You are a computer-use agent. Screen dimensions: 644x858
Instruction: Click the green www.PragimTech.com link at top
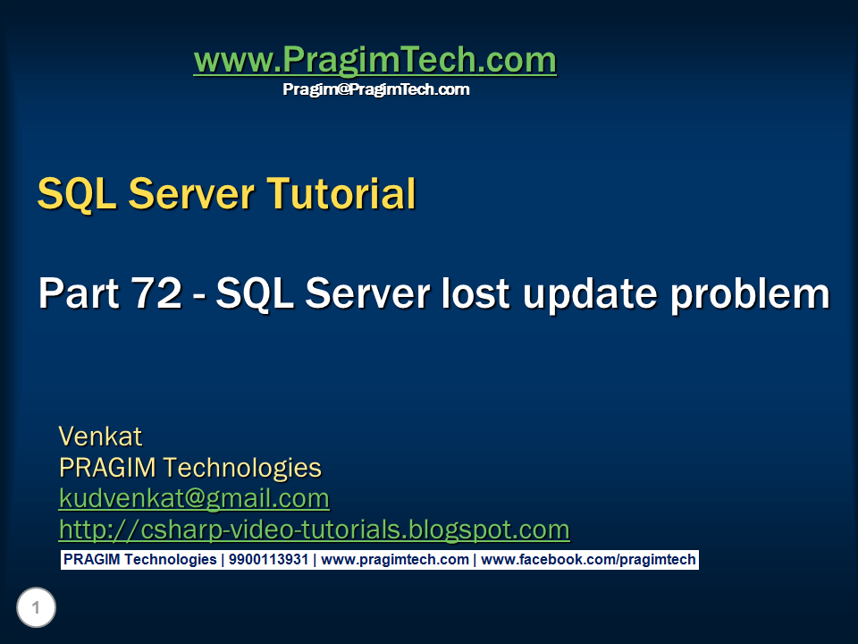coord(374,61)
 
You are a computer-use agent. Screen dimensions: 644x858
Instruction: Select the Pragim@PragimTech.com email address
coord(375,89)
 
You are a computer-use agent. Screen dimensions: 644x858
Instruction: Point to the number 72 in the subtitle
coord(163,293)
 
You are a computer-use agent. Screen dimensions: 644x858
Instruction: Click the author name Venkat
coord(100,436)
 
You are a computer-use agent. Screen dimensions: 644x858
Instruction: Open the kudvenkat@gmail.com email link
coord(194,498)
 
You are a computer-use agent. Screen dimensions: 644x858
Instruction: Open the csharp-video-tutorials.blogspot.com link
coord(314,530)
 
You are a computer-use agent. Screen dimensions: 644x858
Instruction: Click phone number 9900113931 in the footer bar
coord(268,560)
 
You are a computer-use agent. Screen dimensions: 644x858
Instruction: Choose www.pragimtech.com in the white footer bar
coord(394,560)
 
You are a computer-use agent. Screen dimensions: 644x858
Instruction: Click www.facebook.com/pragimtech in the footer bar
coord(587,560)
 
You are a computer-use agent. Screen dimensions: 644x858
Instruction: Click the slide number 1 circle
coord(36,609)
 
